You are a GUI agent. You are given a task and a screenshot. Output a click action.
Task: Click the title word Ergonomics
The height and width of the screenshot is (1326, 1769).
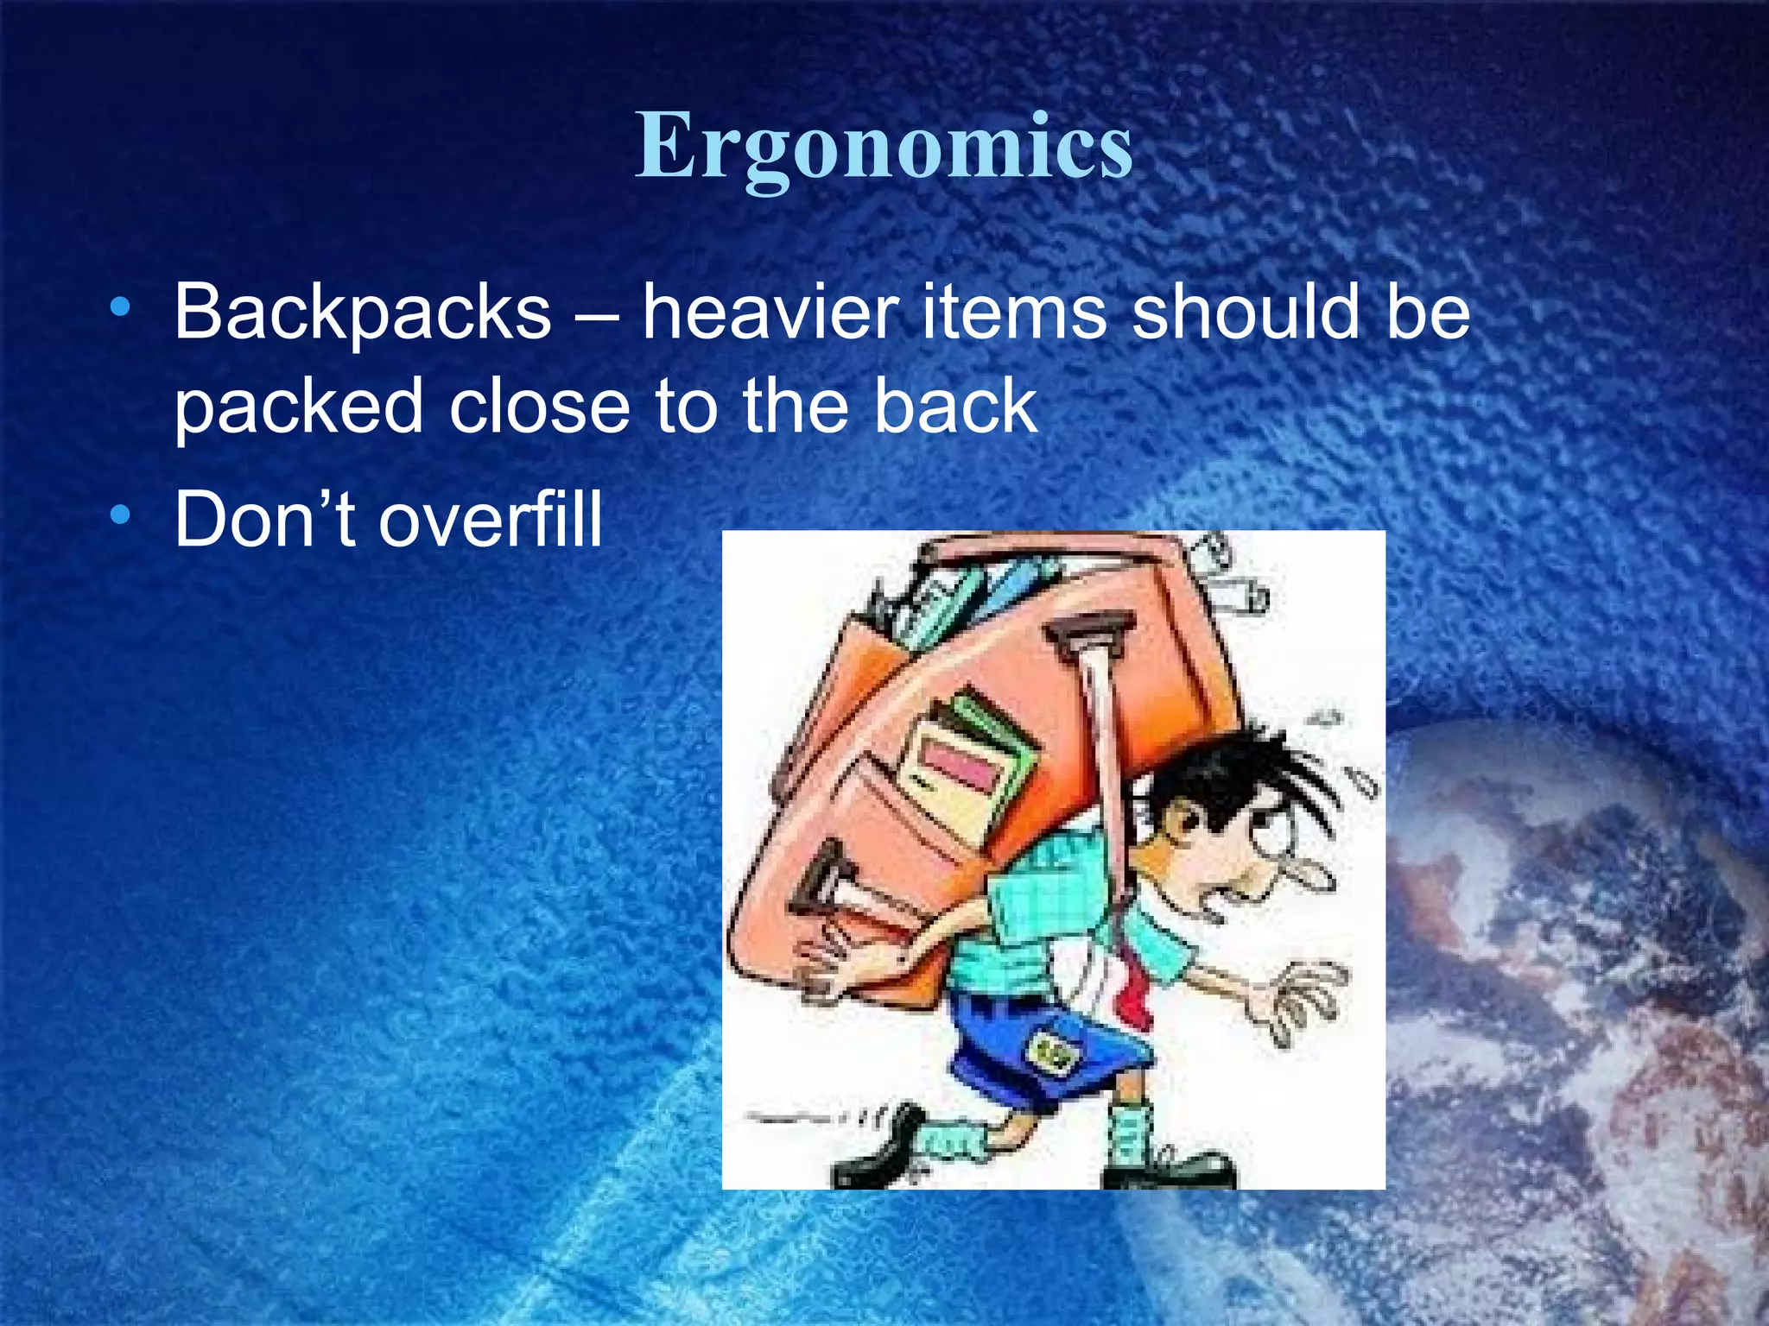884,147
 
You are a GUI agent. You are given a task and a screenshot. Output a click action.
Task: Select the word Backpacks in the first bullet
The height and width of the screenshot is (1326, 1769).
362,313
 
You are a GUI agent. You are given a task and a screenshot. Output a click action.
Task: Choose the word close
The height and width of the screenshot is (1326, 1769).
540,406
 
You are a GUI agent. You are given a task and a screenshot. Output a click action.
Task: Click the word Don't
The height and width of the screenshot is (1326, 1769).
264,519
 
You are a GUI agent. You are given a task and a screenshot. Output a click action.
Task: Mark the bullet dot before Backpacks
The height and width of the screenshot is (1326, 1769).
120,306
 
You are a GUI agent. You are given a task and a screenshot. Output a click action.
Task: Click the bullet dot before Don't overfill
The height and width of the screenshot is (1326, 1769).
120,515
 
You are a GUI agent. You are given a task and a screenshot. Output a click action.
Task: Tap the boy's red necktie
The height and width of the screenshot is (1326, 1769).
1136,993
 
